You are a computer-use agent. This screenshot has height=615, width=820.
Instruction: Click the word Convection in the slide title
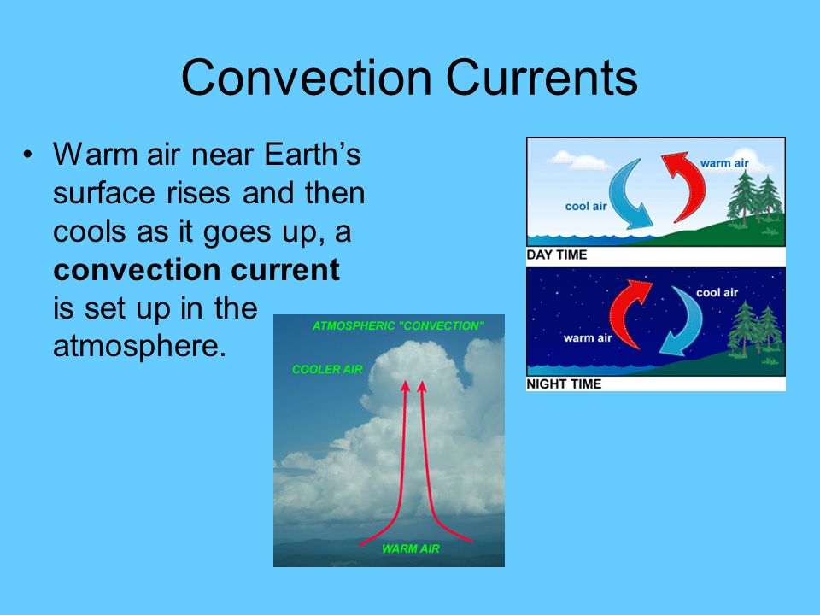point(307,78)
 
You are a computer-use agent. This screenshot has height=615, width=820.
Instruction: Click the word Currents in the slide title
point(542,78)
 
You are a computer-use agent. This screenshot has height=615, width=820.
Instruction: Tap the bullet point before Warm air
point(27,155)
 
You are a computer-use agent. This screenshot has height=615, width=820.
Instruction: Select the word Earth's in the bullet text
point(313,155)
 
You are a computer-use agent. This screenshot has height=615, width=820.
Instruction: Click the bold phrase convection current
point(196,270)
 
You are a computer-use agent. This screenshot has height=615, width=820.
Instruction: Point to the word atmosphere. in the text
point(139,345)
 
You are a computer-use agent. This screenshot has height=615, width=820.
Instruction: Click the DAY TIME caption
point(556,255)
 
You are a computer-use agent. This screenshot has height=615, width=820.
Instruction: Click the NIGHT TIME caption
point(564,384)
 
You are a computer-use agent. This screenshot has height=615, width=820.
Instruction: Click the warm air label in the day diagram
point(724,163)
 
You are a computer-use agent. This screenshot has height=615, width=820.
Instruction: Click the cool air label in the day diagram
point(586,207)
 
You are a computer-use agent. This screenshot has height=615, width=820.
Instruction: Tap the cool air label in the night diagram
point(717,293)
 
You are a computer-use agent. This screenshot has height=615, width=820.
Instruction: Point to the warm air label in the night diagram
point(588,338)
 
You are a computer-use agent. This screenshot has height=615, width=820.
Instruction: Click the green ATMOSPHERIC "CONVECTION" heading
point(398,325)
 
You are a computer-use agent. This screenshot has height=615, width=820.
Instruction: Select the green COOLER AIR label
point(327,369)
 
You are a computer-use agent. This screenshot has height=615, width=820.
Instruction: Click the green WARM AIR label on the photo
point(411,548)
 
